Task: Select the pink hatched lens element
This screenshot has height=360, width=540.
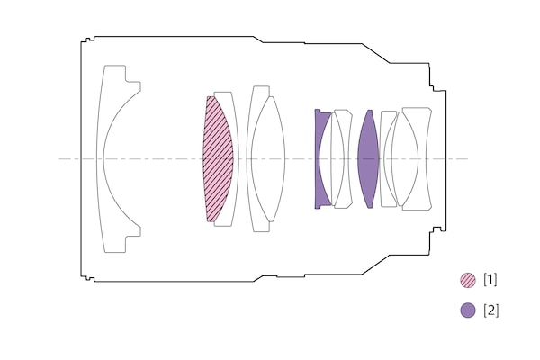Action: tap(218, 159)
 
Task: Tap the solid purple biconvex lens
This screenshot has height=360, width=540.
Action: tap(368, 159)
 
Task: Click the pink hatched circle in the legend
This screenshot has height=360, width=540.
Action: tap(468, 280)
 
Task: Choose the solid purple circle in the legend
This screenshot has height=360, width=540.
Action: tap(468, 310)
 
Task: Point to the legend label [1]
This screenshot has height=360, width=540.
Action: tap(490, 279)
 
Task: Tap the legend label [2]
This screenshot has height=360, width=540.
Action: tap(490, 310)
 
